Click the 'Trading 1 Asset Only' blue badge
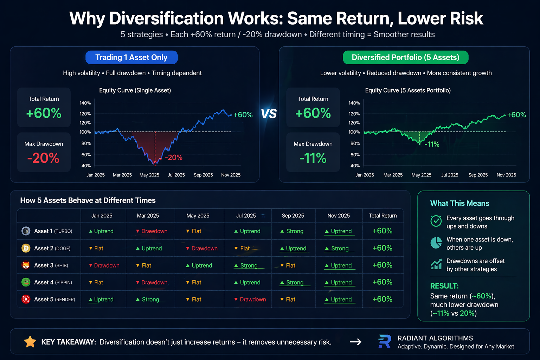pos(131,57)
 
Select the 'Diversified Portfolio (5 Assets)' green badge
pos(405,57)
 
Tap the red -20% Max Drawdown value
pos(44,158)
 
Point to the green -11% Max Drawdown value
pos(313,158)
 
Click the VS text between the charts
pos(269,114)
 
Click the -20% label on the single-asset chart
pos(174,157)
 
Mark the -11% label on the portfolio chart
pos(432,144)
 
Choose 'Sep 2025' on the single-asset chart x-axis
pos(203,175)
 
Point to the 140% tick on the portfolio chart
pos(354,103)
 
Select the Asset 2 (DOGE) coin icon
pos(26,249)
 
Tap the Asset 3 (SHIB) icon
pos(26,265)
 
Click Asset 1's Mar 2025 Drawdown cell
pos(152,231)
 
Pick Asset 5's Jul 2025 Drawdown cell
pos(250,300)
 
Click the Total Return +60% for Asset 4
pos(382,282)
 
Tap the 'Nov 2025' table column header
pos(339,216)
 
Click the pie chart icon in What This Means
pos(436,243)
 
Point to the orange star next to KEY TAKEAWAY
pos(30,342)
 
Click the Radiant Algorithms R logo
pos(385,342)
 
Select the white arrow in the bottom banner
pos(355,342)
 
